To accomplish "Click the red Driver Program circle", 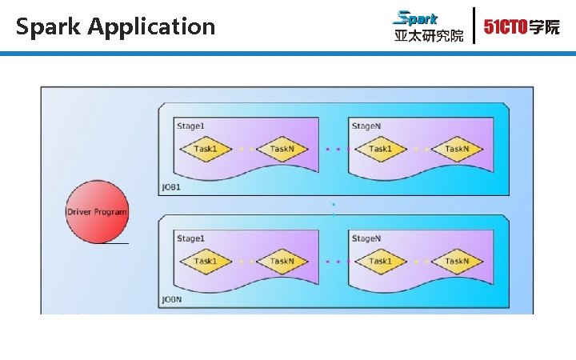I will tap(96, 212).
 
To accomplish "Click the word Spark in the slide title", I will tap(49, 26).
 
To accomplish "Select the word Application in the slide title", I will tap(152, 26).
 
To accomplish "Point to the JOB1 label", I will tap(172, 186).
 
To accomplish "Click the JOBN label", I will tap(172, 299).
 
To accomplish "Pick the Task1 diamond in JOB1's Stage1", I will tap(206, 149).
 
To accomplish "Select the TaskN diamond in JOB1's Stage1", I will tap(282, 149).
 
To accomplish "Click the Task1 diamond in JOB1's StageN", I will tap(380, 149).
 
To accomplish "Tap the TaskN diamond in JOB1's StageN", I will tap(457, 149).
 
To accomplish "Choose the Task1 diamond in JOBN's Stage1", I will tap(206, 261).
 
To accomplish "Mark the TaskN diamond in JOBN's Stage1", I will tap(282, 261).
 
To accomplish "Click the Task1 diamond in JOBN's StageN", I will tap(380, 261).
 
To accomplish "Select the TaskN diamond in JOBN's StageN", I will tap(457, 261).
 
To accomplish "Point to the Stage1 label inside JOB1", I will tap(190, 126).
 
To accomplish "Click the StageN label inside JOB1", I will tap(366, 126).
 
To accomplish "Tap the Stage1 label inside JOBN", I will tap(190, 238).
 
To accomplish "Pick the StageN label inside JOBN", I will tap(366, 238).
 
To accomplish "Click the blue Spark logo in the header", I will tap(417, 18).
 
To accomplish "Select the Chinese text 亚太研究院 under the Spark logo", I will tap(428, 36).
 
